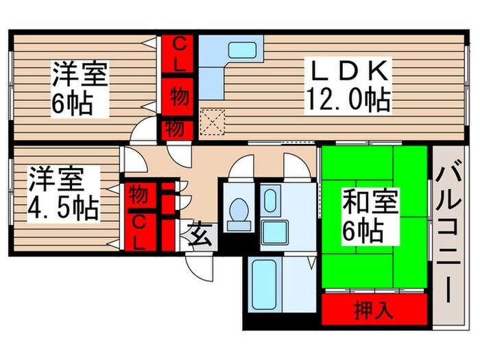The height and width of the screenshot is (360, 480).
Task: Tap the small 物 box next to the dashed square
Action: point(176,128)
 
